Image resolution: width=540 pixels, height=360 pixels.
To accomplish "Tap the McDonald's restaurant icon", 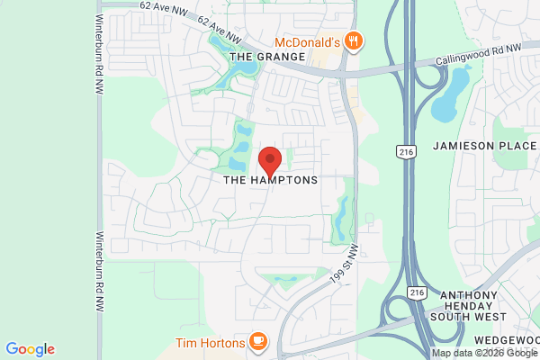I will point(354,40).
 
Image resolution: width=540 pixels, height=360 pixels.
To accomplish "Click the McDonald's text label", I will point(306,41).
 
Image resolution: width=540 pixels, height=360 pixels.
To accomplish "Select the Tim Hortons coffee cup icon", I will point(258,341).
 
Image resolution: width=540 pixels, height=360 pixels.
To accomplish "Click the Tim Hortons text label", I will point(210,342).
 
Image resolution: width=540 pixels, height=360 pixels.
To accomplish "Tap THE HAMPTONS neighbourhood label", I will point(271,180).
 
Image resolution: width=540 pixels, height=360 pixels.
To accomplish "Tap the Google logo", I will point(30,349).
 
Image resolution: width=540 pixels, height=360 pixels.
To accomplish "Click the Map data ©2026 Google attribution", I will point(485,354).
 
